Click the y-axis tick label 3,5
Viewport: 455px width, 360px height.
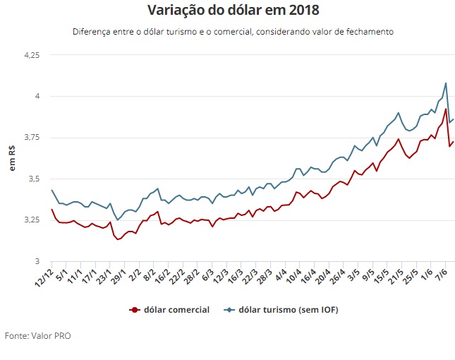[x=33, y=179]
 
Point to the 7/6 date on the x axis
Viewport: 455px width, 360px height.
[x=444, y=275]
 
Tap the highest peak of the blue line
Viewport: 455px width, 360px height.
[x=445, y=83]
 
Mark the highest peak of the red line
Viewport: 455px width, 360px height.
[x=445, y=109]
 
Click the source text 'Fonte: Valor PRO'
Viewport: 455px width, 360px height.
[x=37, y=335]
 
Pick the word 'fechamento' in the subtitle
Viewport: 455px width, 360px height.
[x=368, y=32]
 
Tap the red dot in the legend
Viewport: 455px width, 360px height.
[x=133, y=309]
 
